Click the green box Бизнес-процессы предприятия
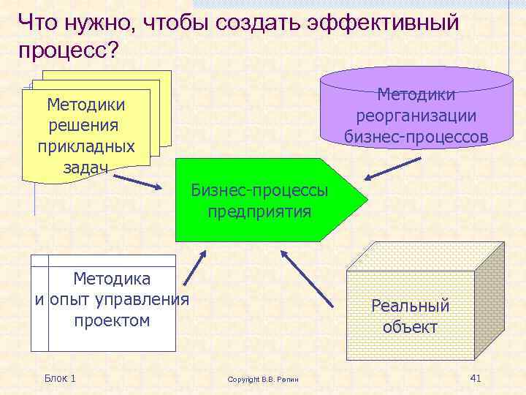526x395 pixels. click(263, 201)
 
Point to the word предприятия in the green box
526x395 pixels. click(259, 212)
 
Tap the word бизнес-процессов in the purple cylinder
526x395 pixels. click(416, 136)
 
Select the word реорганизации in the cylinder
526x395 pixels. click(416, 116)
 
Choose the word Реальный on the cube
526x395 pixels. click(410, 306)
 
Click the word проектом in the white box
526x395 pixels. click(112, 320)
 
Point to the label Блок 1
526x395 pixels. click(60, 377)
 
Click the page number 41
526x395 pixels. click(476, 377)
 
